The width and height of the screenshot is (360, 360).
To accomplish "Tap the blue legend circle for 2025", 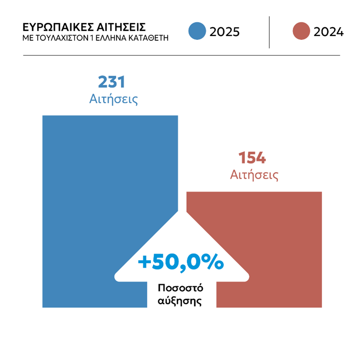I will tap(197, 31).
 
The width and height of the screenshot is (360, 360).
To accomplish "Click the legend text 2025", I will tap(224, 32).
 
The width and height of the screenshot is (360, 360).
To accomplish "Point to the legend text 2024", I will tap(329, 32).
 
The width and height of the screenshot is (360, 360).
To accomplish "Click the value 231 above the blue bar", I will tap(112, 82).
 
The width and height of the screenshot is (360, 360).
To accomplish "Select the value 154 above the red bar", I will tap(253, 159).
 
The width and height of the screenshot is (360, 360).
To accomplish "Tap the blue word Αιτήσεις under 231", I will tap(114, 99).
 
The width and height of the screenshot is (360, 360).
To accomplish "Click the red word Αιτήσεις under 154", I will tap(254, 175).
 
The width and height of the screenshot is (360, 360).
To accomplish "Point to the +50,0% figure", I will tap(180, 263).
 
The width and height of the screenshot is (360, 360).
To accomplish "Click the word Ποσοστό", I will tap(180, 288).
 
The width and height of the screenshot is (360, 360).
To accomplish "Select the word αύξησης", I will tap(180, 301).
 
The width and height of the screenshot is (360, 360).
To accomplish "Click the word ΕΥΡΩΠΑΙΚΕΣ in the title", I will tap(51, 27).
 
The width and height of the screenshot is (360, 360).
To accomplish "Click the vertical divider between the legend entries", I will tap(269, 32).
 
